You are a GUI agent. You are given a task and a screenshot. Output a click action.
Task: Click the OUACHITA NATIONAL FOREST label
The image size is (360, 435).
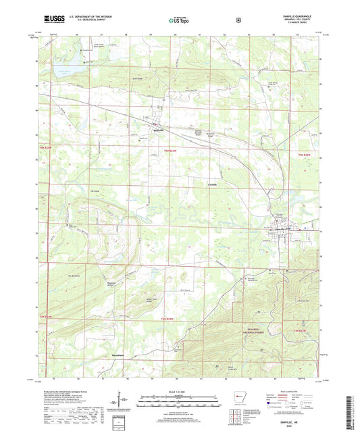pyautogui.click(x=257, y=331)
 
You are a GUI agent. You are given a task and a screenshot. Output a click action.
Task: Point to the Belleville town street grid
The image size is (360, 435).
pyautogui.click(x=157, y=124)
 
